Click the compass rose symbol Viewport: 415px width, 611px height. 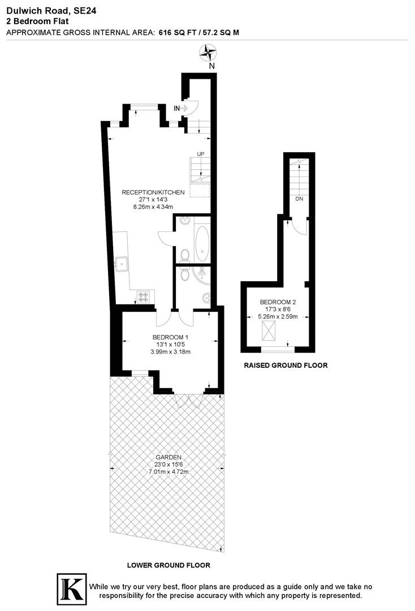point(208,53)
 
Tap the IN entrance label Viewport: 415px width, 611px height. point(177,108)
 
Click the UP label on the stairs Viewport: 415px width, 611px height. point(201,154)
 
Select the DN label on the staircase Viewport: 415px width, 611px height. point(299,199)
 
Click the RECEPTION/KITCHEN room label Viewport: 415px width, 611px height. point(153,192)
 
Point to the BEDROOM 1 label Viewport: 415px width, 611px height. point(171,337)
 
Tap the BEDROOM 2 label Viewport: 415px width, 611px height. point(278,302)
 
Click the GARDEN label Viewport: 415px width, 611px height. point(168,457)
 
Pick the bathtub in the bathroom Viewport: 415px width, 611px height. point(202,244)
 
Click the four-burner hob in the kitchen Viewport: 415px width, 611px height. point(142,297)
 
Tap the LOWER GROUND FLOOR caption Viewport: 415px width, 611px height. point(168,565)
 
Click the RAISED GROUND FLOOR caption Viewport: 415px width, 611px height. point(286,365)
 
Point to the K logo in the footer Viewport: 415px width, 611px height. point(72,589)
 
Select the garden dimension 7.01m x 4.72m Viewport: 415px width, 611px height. point(168,472)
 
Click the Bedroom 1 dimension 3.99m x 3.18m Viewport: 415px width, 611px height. point(171,351)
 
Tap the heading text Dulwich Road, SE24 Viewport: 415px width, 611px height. point(51,11)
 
